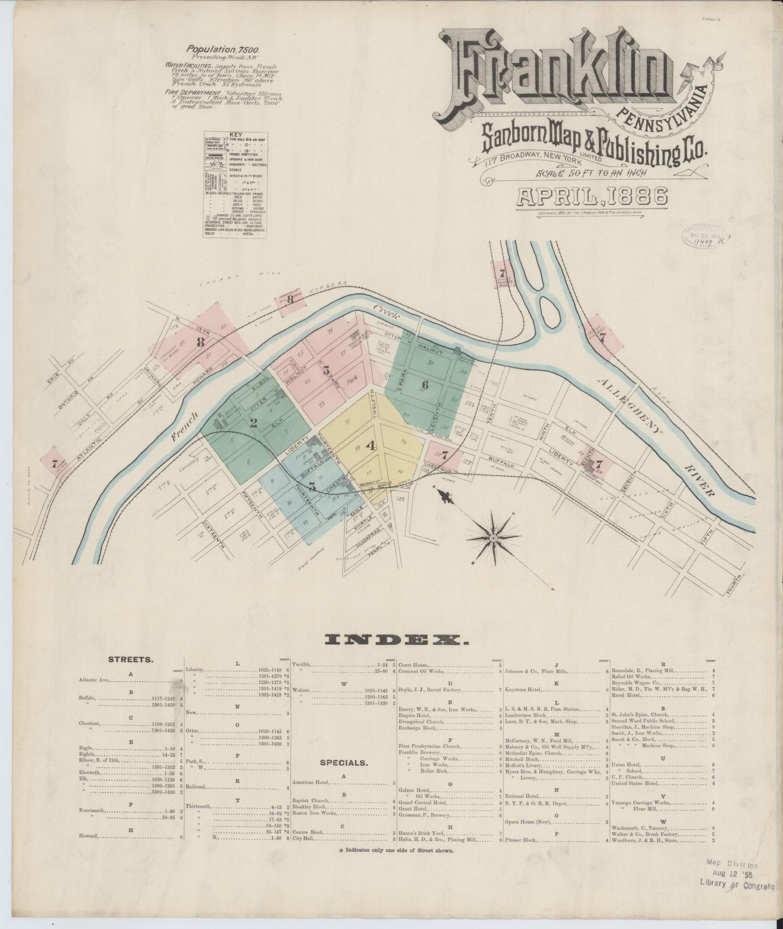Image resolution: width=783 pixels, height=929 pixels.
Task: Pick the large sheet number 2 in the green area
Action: tap(253, 422)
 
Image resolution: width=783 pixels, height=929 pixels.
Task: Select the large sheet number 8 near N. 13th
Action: tap(200, 342)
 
